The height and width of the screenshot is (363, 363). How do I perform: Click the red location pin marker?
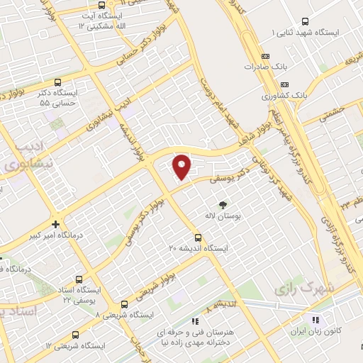coord(182,167)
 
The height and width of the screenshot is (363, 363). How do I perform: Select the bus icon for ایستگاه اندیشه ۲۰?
coord(199,238)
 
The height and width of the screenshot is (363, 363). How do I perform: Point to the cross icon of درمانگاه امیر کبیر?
coord(55,223)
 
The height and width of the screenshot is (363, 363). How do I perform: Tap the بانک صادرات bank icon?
coord(265,55)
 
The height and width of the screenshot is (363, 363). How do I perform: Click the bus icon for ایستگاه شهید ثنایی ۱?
coord(306,21)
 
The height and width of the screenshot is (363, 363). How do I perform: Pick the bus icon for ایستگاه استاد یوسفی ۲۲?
coord(78,279)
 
